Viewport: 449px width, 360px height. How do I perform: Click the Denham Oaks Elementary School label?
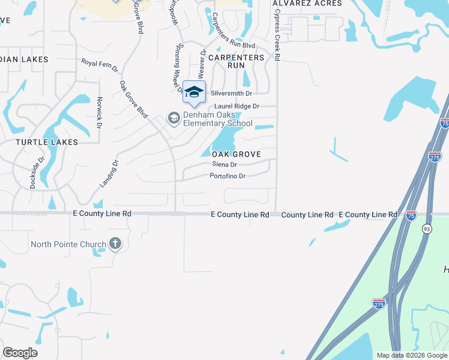[x=217, y=119]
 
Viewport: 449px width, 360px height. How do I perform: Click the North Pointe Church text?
[x=68, y=244]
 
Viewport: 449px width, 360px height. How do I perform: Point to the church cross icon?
[x=115, y=244]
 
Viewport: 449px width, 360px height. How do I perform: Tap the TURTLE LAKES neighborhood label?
[x=47, y=142]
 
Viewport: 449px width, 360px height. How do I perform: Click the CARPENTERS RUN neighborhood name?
[x=236, y=61]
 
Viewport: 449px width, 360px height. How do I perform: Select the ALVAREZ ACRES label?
[x=307, y=3]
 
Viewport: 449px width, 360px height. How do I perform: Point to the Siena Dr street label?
[x=224, y=164]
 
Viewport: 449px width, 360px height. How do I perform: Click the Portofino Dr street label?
[x=228, y=176]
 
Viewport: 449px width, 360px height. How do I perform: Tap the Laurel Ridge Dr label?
[x=232, y=106]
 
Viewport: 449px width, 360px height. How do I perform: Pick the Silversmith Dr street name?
[x=231, y=94]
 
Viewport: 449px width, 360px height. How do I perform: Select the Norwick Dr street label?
[x=100, y=112]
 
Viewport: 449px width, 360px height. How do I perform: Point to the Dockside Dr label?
[x=38, y=173]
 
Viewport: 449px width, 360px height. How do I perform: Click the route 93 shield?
[x=427, y=228]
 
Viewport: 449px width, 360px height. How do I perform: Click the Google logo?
[x=20, y=353]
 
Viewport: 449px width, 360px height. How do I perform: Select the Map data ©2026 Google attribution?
[x=411, y=355]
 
